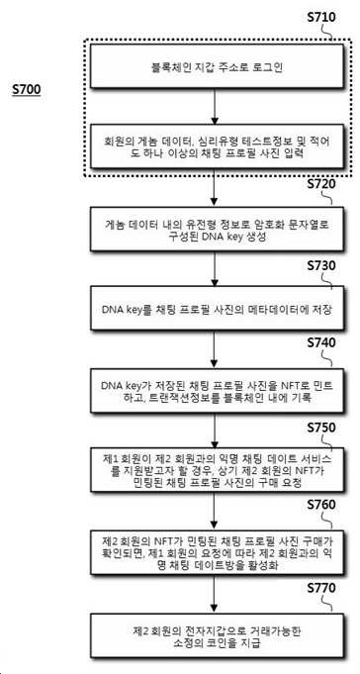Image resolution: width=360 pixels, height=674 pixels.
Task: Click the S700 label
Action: coord(27,89)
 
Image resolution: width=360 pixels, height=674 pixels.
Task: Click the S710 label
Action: coord(321,18)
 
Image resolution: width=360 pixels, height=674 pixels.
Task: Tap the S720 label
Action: coord(321,184)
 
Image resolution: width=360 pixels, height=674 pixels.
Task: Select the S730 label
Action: coord(321,266)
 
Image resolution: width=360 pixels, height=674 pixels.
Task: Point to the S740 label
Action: coord(321,343)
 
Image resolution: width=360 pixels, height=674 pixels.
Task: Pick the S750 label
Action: coord(321,429)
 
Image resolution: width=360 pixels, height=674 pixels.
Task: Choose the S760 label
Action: coord(321,505)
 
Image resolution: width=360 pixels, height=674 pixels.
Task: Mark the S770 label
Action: coord(321,588)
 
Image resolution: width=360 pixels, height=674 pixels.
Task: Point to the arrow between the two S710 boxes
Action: coord(215,107)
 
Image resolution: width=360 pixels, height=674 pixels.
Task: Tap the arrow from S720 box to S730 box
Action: coord(215,269)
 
